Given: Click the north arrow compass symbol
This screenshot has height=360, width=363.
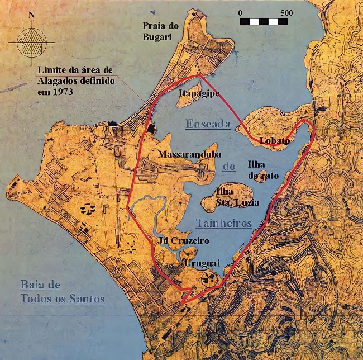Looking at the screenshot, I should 31,41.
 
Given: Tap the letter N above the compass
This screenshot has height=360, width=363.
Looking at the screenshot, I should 31,15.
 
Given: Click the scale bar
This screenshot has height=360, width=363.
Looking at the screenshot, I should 263,22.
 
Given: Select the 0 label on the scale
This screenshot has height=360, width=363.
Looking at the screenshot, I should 240,12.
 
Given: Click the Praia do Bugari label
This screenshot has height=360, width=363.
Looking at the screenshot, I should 163,32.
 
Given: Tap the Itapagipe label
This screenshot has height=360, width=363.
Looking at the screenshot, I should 199,94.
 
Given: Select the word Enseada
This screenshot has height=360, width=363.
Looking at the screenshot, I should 208,125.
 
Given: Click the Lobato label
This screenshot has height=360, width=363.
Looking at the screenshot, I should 275,141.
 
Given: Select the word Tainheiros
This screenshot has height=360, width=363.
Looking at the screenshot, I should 224,223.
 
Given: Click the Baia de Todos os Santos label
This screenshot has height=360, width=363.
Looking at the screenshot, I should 62,292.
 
